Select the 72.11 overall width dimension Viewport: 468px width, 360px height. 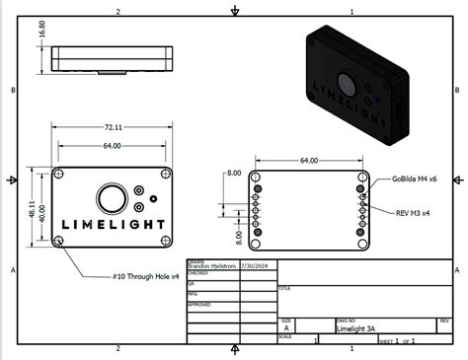coord(114,127)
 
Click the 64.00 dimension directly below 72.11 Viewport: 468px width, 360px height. coord(113,146)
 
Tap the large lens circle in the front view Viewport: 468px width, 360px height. coord(112,197)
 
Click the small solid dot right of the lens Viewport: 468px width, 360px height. coord(154,197)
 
